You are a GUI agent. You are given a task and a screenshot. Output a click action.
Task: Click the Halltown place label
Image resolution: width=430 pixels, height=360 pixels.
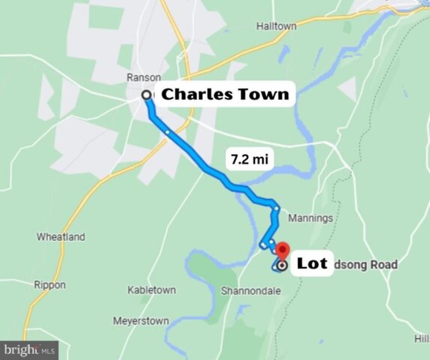(x=276, y=26)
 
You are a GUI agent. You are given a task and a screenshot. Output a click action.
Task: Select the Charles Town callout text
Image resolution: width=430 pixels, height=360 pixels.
(x=225, y=94)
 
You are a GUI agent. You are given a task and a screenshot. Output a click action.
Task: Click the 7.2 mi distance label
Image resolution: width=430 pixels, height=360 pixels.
(x=250, y=159)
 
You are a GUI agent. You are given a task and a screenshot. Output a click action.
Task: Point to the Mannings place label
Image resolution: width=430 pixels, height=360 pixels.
(x=310, y=218)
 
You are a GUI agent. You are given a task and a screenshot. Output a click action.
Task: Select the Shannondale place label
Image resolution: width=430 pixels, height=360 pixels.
(x=250, y=291)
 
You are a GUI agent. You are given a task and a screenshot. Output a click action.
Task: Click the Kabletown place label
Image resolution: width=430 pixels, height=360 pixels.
(x=152, y=290)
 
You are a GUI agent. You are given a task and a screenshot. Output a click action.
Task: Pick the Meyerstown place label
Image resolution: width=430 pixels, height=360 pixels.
(x=141, y=321)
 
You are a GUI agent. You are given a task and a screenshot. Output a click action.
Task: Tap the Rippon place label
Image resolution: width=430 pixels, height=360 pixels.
(x=50, y=285)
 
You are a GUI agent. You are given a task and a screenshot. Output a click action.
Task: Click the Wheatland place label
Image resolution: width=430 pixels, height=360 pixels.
(x=61, y=237)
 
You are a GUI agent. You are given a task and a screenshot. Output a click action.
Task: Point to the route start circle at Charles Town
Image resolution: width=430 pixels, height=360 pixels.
(x=146, y=95)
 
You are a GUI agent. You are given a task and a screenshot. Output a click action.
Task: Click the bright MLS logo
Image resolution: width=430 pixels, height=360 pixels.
(x=29, y=350)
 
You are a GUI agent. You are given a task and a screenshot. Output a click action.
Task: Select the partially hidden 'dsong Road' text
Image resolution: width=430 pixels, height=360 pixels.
(x=365, y=265)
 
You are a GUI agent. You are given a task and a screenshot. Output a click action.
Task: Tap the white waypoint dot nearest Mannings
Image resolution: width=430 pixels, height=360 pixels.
(x=276, y=208)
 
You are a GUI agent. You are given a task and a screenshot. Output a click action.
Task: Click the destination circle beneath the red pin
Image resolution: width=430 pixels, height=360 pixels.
(x=282, y=266)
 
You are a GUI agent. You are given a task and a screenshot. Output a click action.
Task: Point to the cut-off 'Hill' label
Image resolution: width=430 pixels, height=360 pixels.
(x=422, y=339)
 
